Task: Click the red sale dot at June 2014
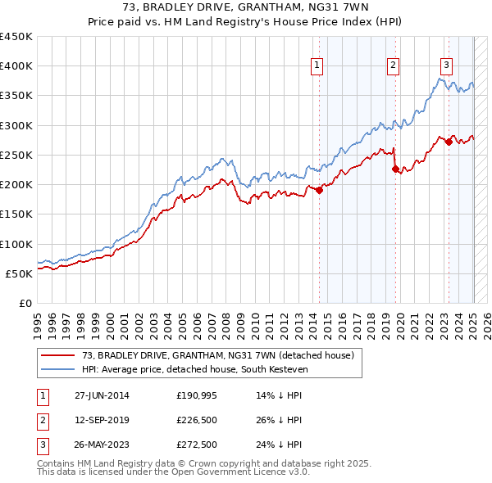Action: pyautogui.click(x=319, y=191)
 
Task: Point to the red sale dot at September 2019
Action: pyautogui.click(x=395, y=169)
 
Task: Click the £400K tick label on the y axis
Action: pyautogui.click(x=16, y=66)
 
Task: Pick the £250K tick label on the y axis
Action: pyautogui.click(x=16, y=155)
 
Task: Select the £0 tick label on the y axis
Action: pyautogui.click(x=25, y=303)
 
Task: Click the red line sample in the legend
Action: pyautogui.click(x=57, y=355)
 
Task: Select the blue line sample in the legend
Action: pyautogui.click(x=57, y=369)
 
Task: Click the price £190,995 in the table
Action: pyautogui.click(x=196, y=395)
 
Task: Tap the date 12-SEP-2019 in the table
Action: pyautogui.click(x=102, y=420)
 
